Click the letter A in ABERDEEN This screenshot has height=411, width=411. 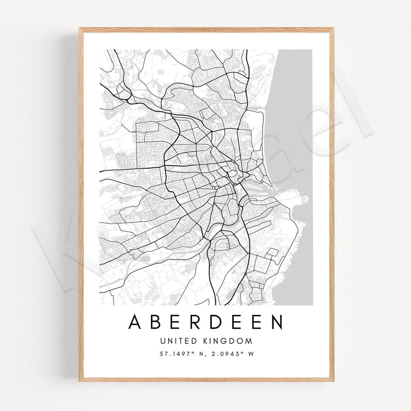coord(135,322)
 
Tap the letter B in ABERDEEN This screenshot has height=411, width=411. coord(156,322)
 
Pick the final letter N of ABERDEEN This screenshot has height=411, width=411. coord(277,322)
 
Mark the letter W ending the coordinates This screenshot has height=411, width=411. coord(250,354)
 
